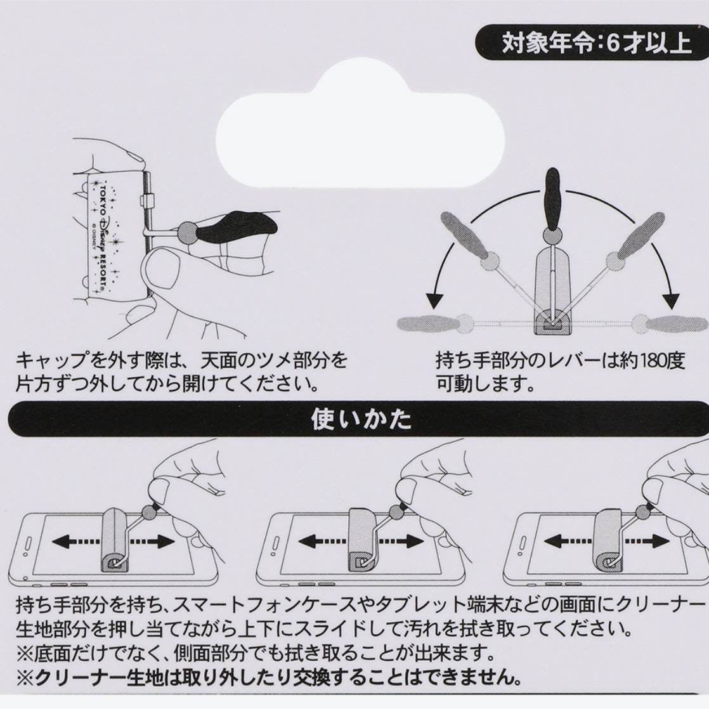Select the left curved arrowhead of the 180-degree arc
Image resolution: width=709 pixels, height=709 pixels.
click(x=434, y=297)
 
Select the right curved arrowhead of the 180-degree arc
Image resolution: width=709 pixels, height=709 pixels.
click(x=670, y=297)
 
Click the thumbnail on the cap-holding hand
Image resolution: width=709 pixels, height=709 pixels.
click(x=162, y=270)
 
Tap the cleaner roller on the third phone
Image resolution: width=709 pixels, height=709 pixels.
click(x=609, y=539)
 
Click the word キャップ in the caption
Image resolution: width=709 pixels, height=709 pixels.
click(x=51, y=362)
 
